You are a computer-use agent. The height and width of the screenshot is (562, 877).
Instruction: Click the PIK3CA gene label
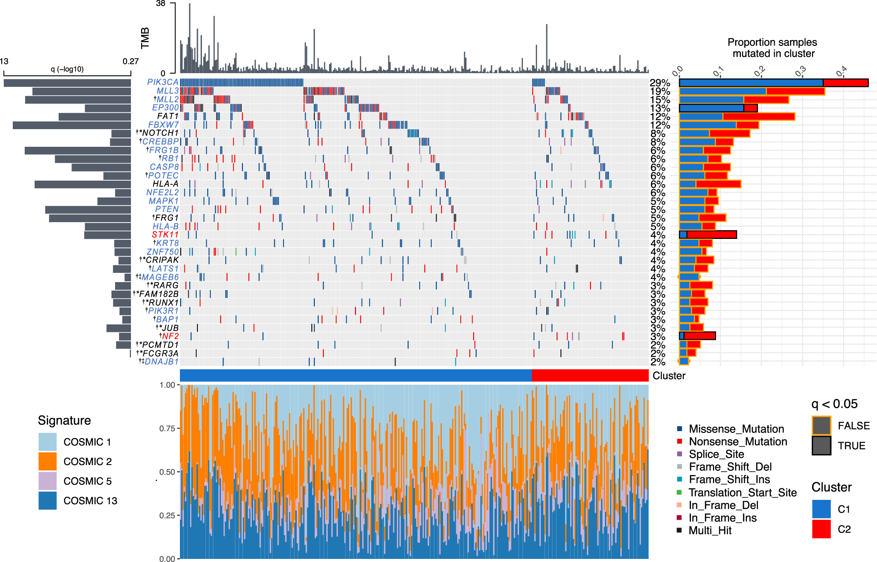click(162, 82)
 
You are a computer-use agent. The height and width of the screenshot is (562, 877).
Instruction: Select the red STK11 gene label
click(165, 234)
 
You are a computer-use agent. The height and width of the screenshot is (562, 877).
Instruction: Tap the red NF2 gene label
click(170, 336)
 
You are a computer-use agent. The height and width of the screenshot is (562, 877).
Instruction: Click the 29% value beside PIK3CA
click(660, 83)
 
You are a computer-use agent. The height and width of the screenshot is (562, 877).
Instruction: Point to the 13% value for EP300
click(660, 108)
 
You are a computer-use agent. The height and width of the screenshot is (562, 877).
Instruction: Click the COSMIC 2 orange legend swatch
click(47, 462)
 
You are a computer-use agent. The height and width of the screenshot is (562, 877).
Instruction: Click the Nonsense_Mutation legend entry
click(737, 442)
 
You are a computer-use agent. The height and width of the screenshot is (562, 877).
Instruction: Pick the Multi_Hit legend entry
click(709, 531)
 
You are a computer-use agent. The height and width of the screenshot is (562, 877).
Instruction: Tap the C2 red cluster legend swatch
click(821, 529)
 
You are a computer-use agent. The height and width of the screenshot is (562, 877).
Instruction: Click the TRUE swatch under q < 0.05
click(821, 446)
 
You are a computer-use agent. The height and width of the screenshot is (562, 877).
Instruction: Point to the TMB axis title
click(145, 38)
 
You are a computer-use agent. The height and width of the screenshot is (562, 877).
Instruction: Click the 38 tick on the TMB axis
click(160, 4)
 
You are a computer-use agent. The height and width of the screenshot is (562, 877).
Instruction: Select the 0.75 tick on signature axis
click(167, 428)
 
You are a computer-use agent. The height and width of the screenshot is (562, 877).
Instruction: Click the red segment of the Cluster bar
click(590, 376)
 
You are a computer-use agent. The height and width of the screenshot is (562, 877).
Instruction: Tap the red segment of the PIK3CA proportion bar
click(845, 83)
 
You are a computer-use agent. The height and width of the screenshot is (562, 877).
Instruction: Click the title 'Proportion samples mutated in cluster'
click(773, 48)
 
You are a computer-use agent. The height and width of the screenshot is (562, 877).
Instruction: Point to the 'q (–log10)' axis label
click(67, 69)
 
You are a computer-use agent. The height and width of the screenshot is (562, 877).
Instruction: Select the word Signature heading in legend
click(64, 421)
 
